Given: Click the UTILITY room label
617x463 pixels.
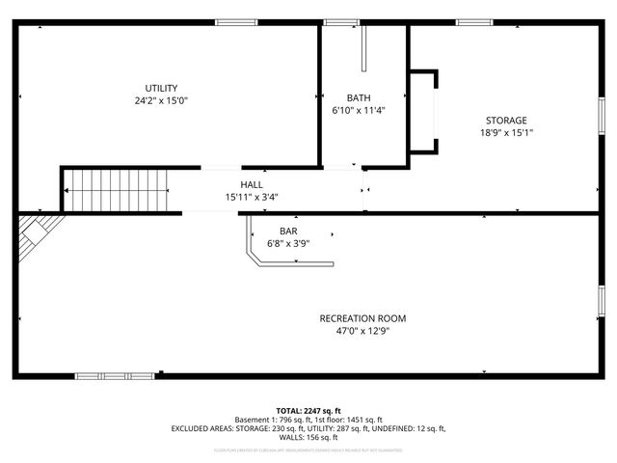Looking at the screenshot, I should [x=161, y=88].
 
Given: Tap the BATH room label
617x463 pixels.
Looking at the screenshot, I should [x=359, y=97].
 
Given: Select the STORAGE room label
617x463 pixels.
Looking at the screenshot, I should [x=505, y=120].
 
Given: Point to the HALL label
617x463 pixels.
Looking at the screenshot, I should [x=252, y=184].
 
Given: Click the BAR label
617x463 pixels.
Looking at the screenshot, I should [x=288, y=231].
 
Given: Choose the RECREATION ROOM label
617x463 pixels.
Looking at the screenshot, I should [x=362, y=318].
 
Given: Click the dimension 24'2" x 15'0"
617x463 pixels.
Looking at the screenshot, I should [x=161, y=100].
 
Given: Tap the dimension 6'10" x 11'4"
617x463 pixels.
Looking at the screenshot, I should [x=359, y=110].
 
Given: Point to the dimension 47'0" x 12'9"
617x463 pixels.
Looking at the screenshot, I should [x=362, y=331].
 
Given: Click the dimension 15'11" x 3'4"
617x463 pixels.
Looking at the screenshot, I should [x=252, y=197].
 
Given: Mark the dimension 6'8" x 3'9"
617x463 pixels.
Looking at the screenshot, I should [x=288, y=243].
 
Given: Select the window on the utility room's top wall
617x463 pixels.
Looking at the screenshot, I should [x=235, y=22].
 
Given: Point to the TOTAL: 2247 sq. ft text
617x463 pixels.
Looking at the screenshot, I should [x=308, y=410].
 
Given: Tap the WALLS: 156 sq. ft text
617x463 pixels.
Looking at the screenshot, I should [x=308, y=437].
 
